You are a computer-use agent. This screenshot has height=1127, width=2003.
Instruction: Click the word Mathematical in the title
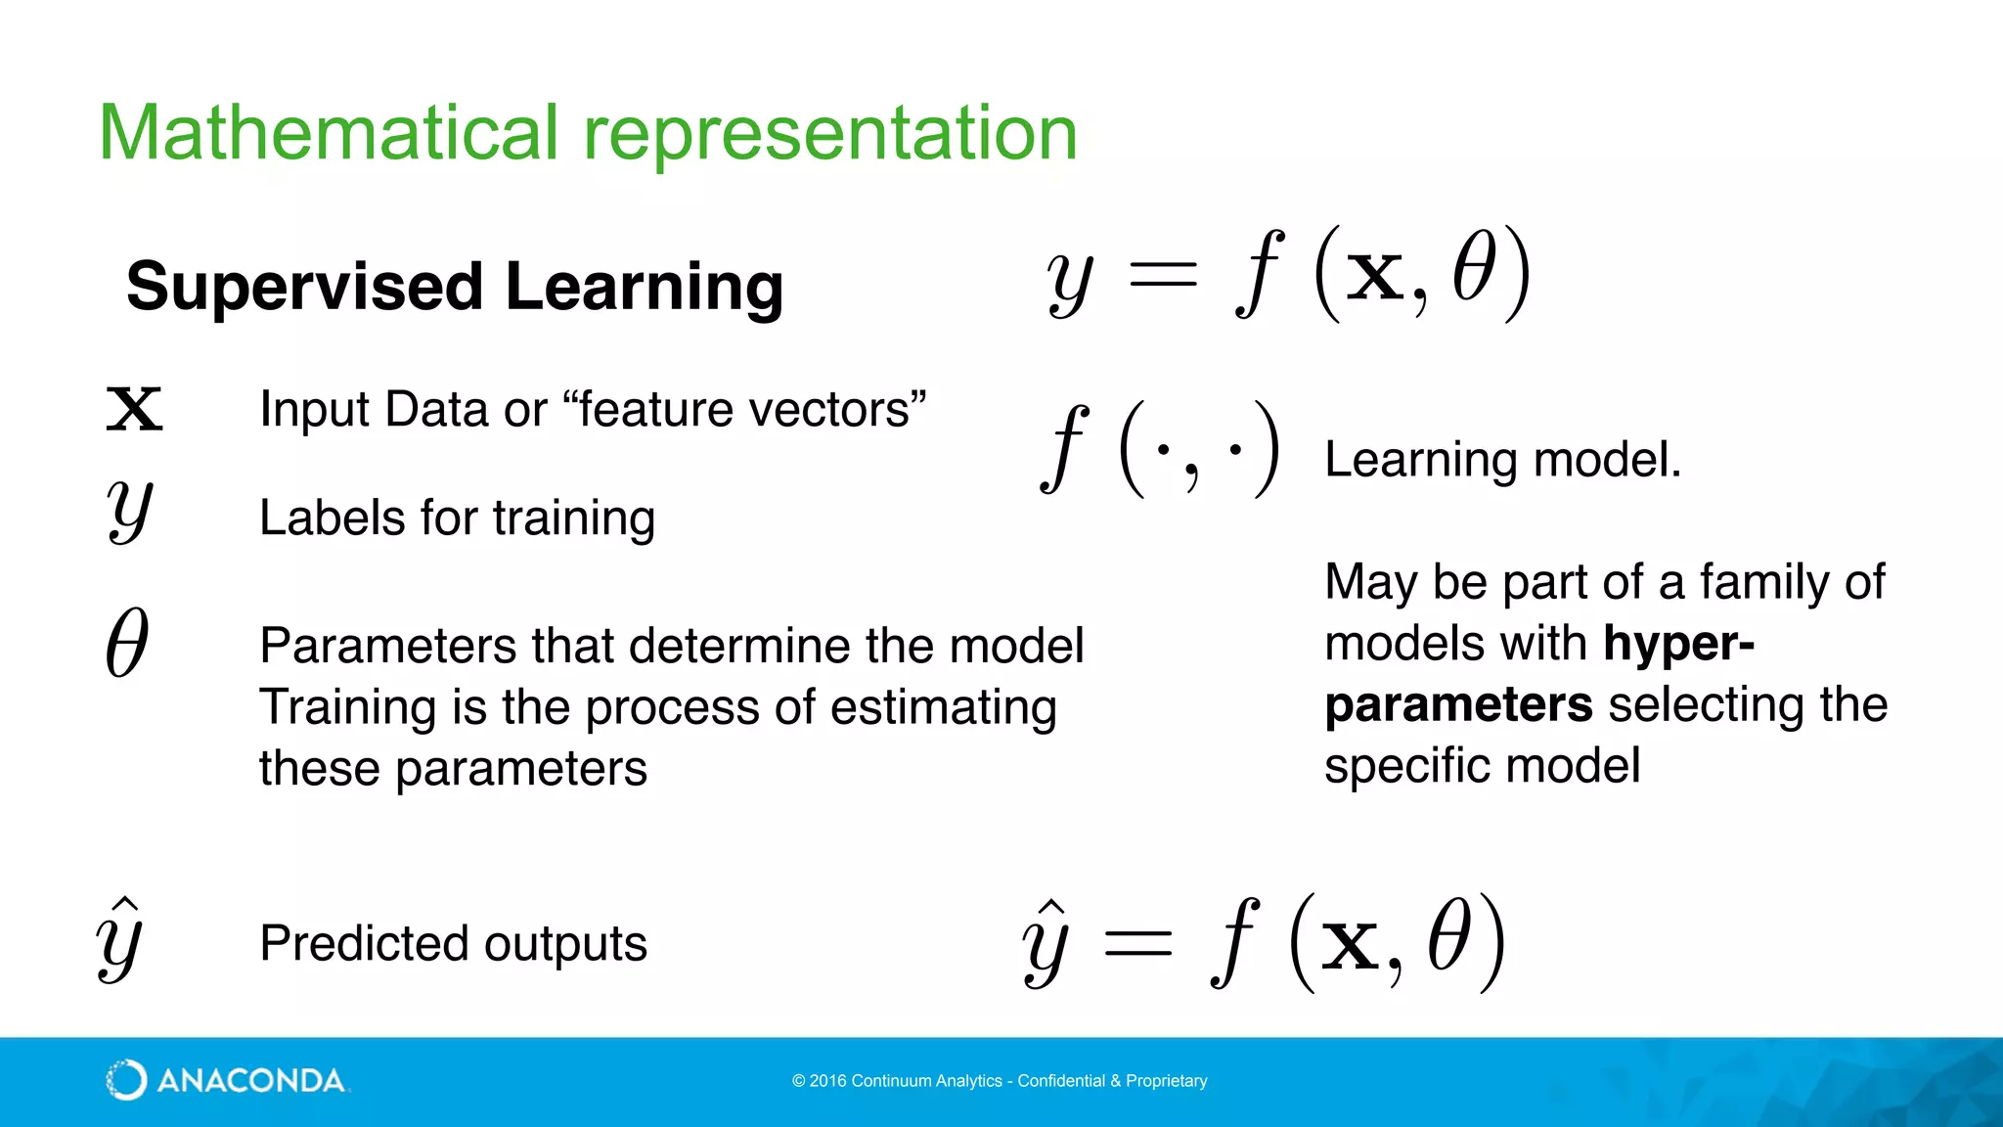pos(329,133)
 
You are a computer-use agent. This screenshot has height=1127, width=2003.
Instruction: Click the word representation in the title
pos(830,135)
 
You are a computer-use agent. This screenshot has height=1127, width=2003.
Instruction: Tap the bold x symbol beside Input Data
pos(134,409)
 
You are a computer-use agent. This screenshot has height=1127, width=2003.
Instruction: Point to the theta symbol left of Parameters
pos(127,643)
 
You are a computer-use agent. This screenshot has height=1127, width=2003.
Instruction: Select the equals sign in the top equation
pos(1162,275)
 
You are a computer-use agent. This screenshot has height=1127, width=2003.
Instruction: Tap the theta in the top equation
pos(1474,268)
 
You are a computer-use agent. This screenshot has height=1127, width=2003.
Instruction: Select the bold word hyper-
pos(1678,644)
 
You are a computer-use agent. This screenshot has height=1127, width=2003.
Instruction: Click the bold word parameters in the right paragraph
pos(1458,705)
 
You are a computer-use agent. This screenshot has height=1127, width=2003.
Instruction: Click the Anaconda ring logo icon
pos(126,1080)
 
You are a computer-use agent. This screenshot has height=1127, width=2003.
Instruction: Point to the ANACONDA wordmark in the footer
pos(250,1081)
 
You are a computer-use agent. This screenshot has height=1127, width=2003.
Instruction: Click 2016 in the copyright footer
pos(827,1081)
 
